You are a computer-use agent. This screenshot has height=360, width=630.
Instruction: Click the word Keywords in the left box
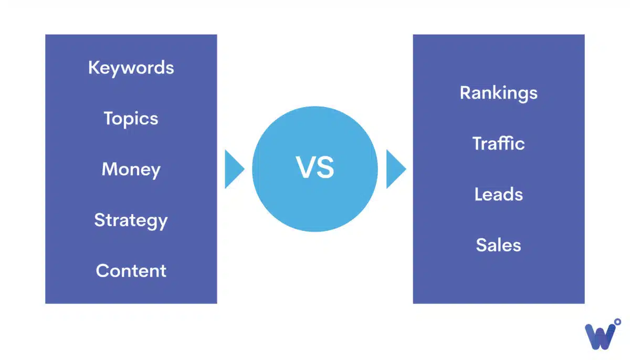[131, 68]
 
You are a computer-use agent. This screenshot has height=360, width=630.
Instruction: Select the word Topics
[131, 119]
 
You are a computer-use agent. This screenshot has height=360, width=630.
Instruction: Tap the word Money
[131, 170]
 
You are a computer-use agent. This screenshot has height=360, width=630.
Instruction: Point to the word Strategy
[131, 220]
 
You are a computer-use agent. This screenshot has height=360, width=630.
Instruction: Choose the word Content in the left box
[131, 271]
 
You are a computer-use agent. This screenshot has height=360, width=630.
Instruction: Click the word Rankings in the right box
[498, 93]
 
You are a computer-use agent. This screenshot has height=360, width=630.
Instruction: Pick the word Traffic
[498, 144]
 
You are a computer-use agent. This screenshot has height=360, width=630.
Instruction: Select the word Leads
[498, 195]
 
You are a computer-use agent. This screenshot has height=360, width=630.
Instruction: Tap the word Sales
[498, 245]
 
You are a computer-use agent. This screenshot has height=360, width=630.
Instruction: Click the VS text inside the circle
[314, 168]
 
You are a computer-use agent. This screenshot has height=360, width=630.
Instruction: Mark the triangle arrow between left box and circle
[233, 169]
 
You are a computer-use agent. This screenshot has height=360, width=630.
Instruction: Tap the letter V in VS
[306, 168]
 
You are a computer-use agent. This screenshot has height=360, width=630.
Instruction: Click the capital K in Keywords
[94, 68]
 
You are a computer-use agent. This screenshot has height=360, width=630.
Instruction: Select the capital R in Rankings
[465, 93]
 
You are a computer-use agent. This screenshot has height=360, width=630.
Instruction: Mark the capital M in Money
[109, 170]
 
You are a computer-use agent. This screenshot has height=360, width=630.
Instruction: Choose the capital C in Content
[102, 271]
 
